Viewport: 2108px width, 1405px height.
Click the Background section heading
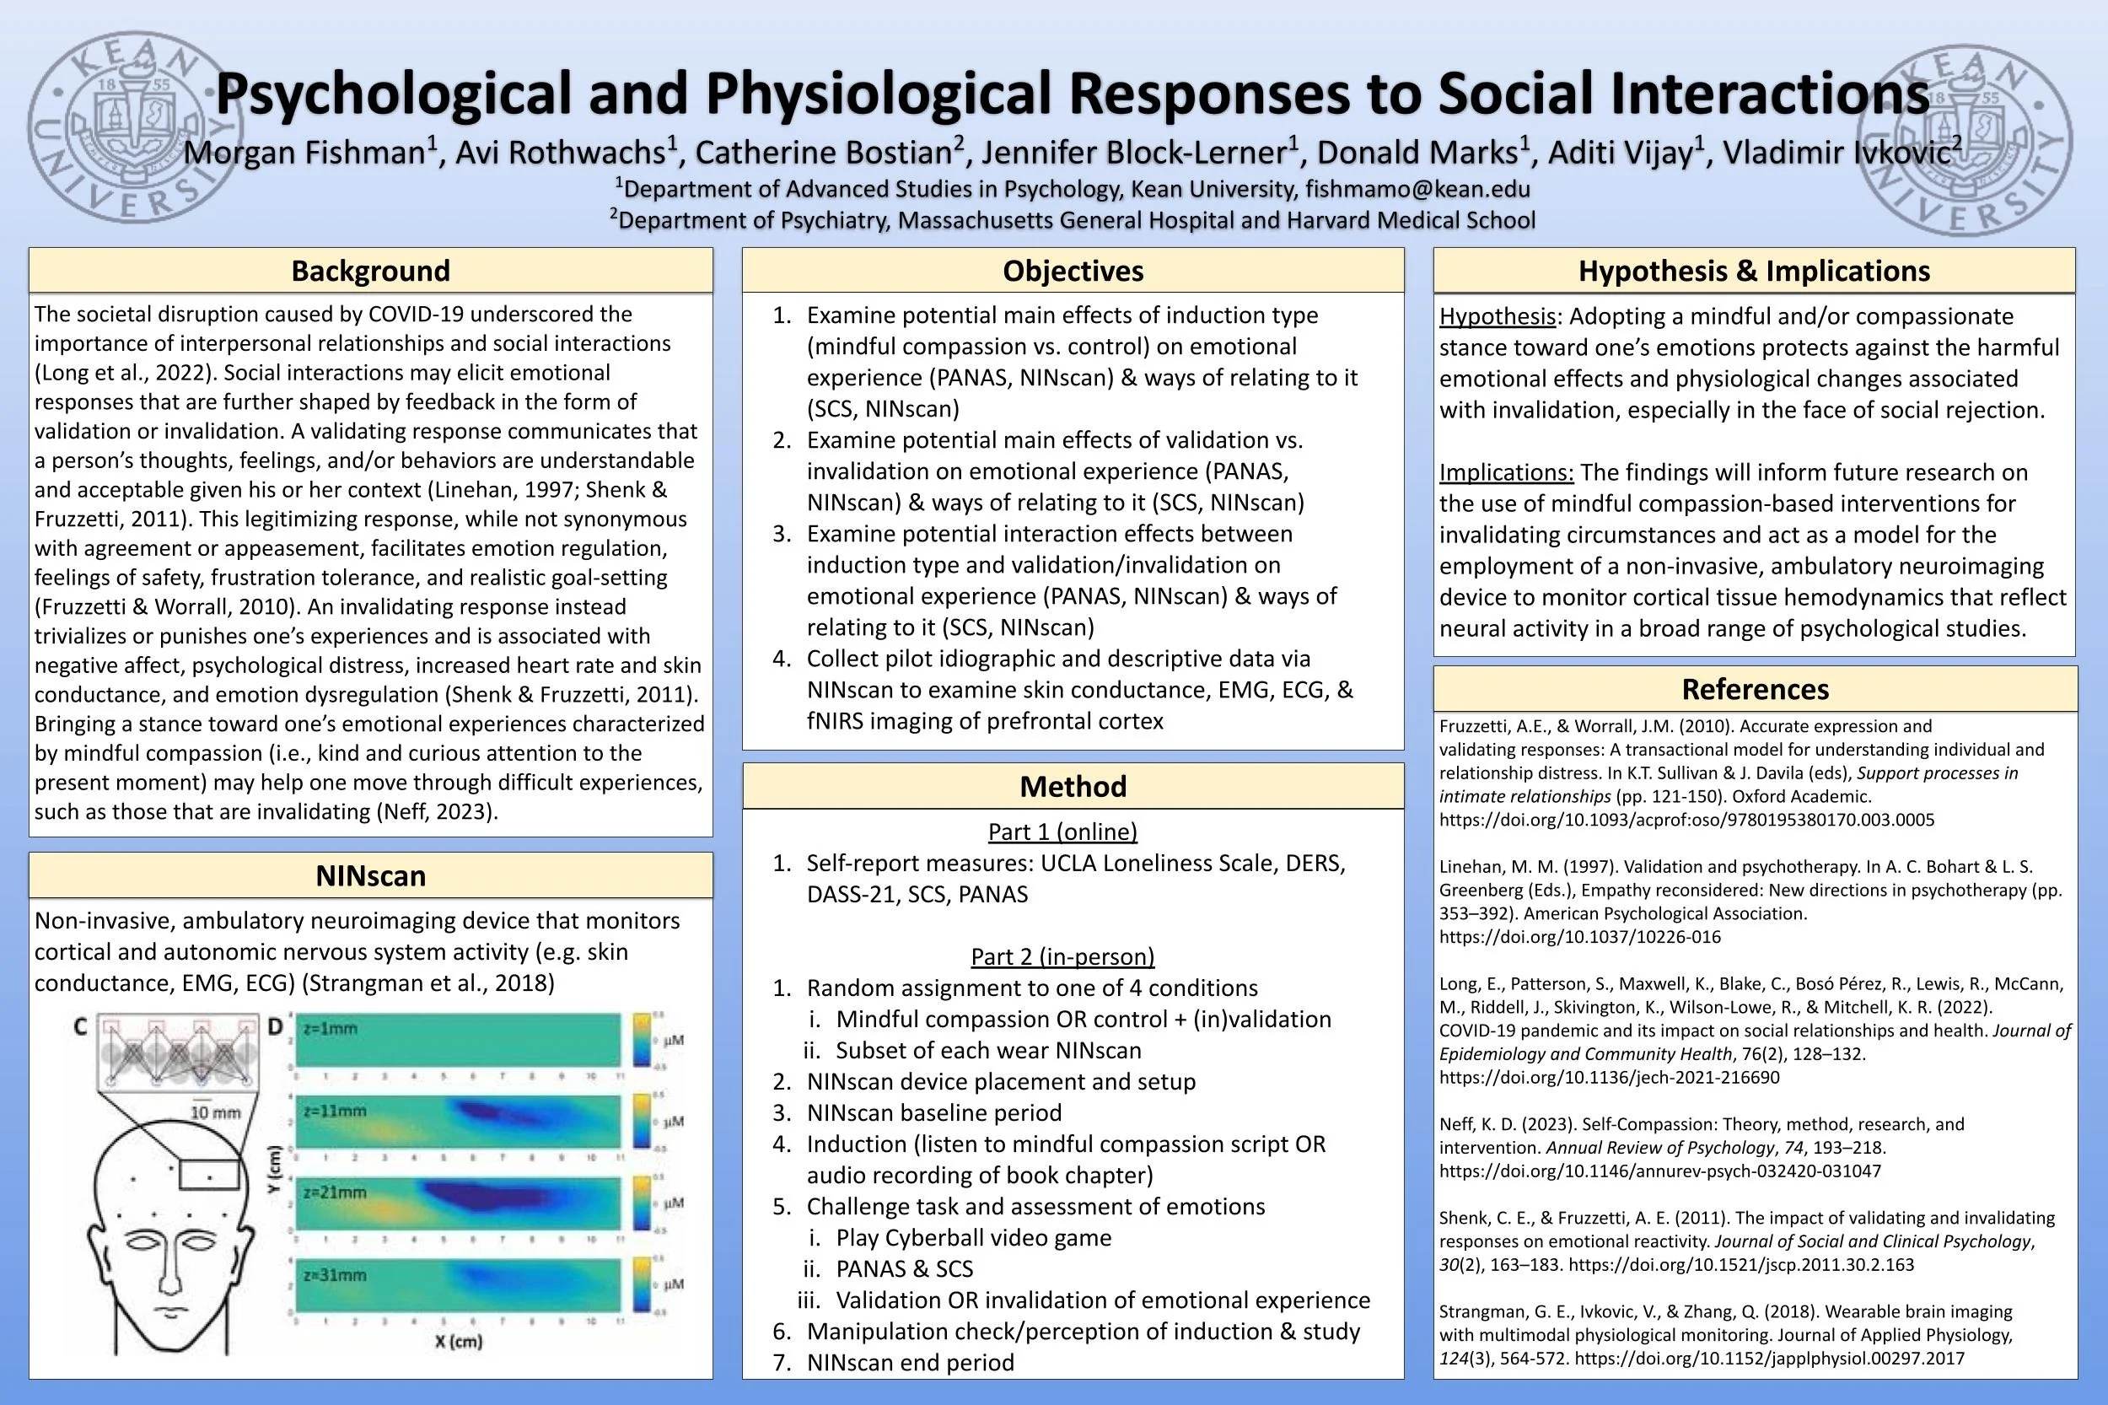click(370, 271)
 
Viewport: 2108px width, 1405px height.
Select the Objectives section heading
click(1073, 271)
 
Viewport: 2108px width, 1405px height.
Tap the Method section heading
click(1073, 786)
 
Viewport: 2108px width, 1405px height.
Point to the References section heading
click(1754, 689)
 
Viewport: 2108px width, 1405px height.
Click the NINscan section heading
click(370, 875)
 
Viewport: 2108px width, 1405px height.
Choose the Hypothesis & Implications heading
click(1754, 271)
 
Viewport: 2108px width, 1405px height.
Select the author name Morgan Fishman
click(304, 153)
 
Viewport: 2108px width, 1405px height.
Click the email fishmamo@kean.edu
click(1417, 189)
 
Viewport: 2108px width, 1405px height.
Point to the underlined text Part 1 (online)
click(1062, 832)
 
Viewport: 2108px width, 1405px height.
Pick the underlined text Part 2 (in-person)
click(1062, 956)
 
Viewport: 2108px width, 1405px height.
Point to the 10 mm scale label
click(216, 1112)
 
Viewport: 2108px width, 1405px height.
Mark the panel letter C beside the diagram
click(81, 1028)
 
